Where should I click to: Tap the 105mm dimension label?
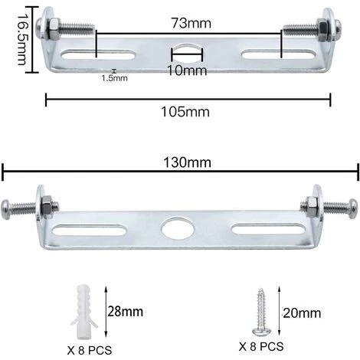coord(188,112)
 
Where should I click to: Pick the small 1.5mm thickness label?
coord(115,77)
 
